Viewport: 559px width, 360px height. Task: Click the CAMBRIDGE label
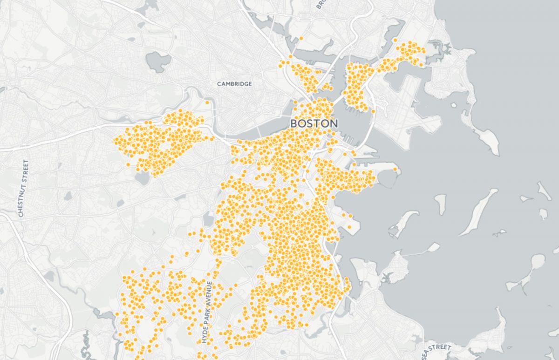[x=234, y=84]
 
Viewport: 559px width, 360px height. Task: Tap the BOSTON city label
[x=314, y=124]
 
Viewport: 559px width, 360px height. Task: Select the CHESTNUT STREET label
[x=23, y=188]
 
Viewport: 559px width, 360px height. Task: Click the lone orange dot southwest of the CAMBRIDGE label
[x=207, y=102]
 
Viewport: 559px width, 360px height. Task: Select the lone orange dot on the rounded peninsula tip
[x=395, y=170]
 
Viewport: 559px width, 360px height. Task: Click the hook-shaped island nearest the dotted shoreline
[x=402, y=224]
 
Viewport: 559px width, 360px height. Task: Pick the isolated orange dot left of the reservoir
[x=128, y=164]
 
